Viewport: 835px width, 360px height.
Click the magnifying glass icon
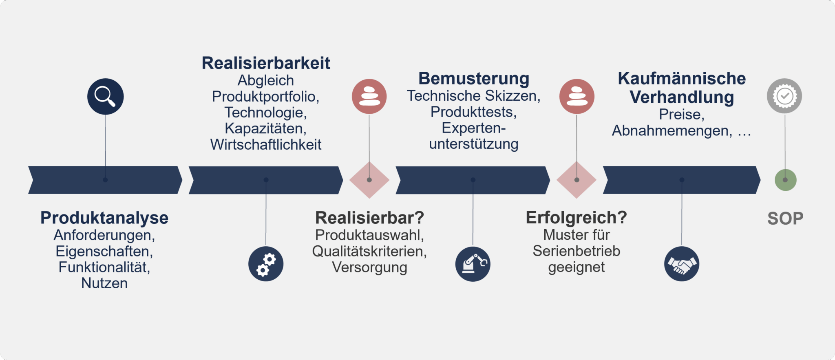[105, 96]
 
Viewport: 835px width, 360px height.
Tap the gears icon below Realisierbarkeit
[266, 264]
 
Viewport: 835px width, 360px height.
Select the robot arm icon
[473, 264]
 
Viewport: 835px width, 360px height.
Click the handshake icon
[681, 264]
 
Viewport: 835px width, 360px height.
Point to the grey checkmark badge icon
[784, 96]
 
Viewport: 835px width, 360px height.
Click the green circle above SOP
[785, 180]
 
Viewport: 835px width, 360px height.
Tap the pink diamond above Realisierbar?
[369, 180]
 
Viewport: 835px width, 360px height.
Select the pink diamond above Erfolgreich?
[577, 180]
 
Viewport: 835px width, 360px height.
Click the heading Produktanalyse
[104, 218]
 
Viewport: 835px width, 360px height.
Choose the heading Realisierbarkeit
[266, 63]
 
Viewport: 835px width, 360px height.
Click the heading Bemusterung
[474, 78]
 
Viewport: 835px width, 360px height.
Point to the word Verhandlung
[682, 97]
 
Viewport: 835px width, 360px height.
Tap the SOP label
[785, 219]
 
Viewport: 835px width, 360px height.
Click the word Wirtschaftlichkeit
[266, 145]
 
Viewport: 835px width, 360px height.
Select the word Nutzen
[104, 283]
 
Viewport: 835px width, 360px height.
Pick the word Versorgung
[369, 267]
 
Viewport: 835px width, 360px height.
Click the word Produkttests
[473, 112]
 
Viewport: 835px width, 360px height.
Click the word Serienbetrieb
[577, 251]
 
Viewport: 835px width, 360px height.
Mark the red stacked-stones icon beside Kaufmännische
[577, 96]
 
